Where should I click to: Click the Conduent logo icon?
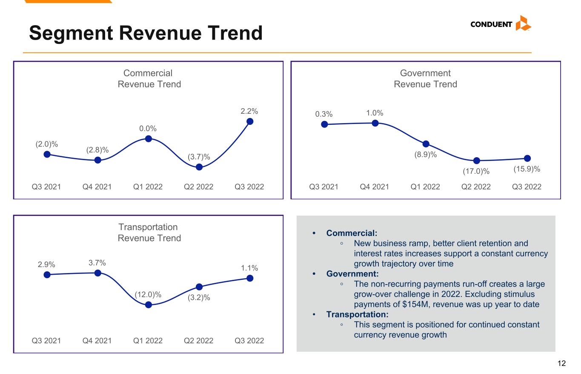523,23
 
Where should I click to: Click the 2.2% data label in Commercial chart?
249,111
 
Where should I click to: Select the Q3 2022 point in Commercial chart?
250,121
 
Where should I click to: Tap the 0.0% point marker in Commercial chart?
149,139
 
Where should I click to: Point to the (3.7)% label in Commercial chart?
199,157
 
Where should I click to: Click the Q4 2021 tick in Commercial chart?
97,187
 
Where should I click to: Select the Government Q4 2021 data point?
375,123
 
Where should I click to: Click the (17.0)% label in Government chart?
476,171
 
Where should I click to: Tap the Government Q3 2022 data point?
527,158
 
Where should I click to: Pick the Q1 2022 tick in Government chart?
425,187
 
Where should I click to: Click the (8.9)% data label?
425,155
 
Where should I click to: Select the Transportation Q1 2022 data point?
149,305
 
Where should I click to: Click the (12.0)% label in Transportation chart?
148,295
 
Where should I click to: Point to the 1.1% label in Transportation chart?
249,268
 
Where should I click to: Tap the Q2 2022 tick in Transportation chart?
198,340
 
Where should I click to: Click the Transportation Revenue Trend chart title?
149,233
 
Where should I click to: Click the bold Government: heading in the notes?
352,274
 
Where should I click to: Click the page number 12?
561,363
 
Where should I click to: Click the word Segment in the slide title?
71,33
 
